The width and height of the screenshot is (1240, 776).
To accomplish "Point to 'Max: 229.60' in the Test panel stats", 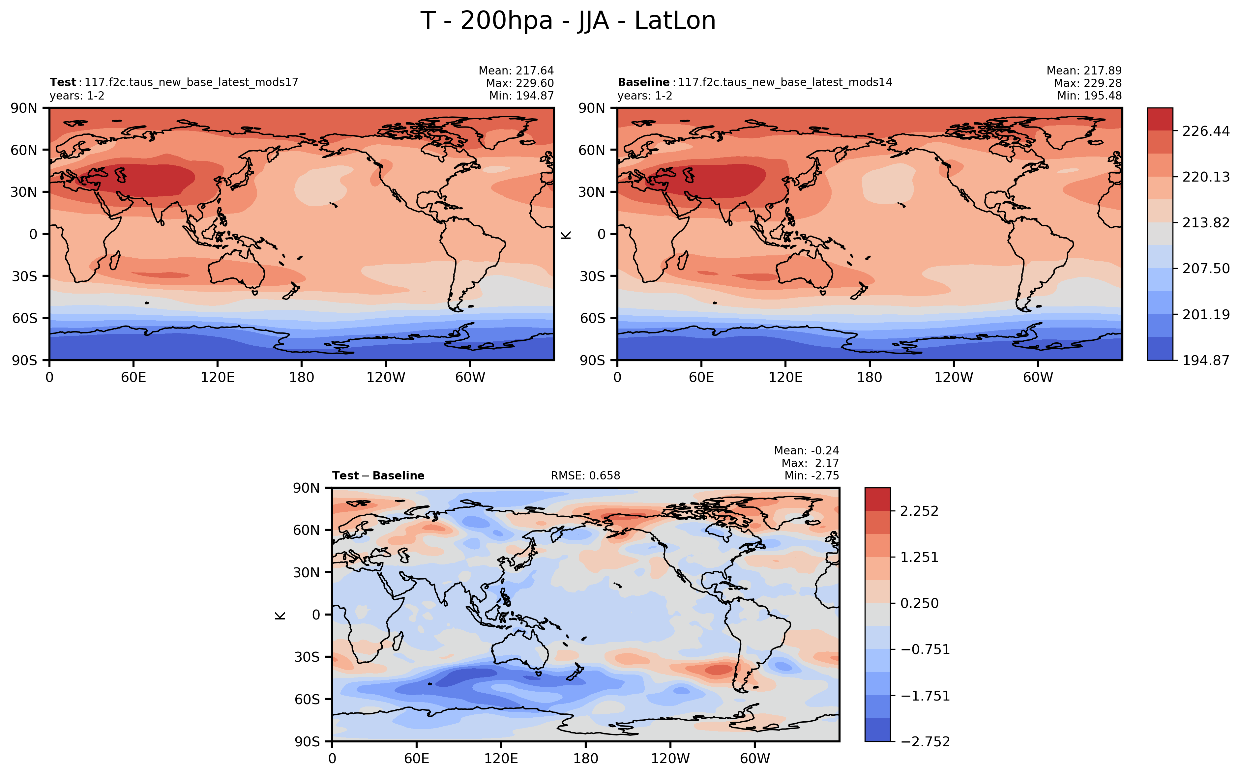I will point(519,83).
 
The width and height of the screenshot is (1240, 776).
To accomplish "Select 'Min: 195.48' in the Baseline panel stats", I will point(1089,96).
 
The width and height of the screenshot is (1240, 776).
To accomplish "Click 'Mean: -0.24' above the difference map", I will point(806,451).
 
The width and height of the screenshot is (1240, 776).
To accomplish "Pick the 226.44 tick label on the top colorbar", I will point(1206,131).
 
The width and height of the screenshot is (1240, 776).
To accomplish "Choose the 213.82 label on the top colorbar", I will point(1206,223).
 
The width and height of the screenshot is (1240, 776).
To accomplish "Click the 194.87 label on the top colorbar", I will point(1206,360).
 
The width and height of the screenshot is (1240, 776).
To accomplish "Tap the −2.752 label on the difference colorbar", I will point(925,742).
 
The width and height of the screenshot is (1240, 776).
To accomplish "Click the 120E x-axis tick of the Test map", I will point(218,378).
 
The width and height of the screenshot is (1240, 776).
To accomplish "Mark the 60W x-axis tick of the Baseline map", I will point(1038,378).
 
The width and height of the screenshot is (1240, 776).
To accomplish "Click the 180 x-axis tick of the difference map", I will point(586,759).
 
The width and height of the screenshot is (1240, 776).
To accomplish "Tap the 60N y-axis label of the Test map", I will point(24,150).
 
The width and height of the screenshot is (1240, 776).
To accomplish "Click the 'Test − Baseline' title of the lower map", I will point(378,476).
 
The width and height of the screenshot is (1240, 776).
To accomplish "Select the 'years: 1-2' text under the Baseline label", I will point(645,96).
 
